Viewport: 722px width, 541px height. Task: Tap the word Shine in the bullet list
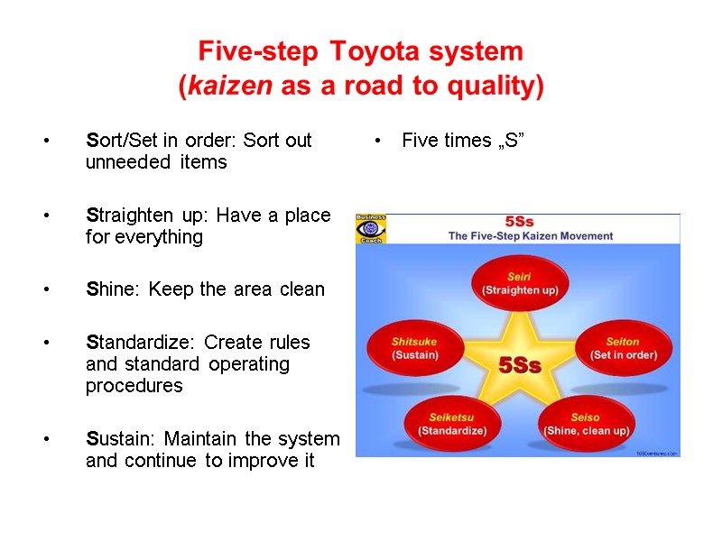click(x=114, y=289)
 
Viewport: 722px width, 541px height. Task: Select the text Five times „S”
click(x=463, y=141)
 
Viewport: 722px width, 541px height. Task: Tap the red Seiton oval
click(x=624, y=347)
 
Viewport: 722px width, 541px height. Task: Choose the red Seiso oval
click(x=586, y=424)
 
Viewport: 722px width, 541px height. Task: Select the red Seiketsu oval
click(x=452, y=424)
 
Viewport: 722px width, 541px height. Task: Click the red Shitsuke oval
click(x=414, y=348)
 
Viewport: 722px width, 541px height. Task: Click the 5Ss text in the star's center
click(x=521, y=366)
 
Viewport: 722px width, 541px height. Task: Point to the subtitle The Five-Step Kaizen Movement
click(x=531, y=236)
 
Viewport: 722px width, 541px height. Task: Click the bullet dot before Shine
click(x=44, y=290)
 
